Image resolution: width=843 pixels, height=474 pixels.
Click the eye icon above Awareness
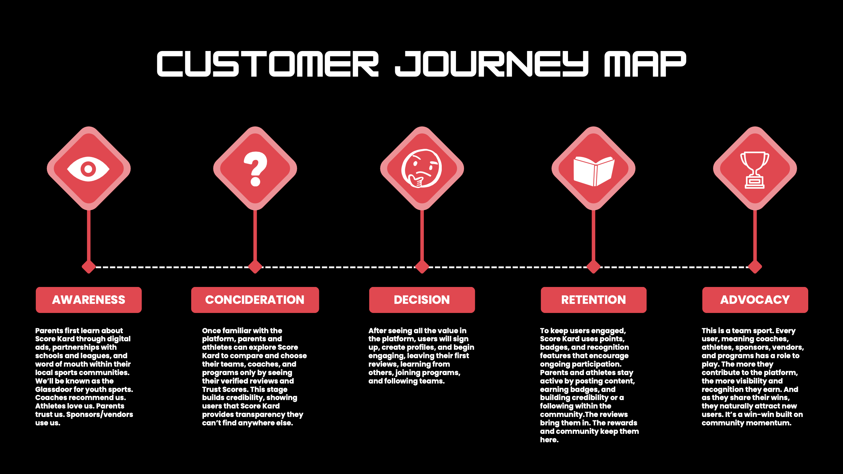pos(88,169)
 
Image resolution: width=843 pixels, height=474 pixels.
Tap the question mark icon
pos(255,169)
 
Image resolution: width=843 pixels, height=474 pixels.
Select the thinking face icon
pos(422,168)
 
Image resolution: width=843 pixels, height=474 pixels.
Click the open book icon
pos(594,171)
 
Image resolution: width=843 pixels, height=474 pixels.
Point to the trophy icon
pos(755,170)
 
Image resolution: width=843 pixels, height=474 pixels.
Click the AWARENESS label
pos(88,300)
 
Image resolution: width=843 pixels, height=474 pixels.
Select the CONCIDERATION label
pos(255,300)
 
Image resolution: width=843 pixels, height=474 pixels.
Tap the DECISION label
pos(422,300)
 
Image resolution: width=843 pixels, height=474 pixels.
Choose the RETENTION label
pos(593,300)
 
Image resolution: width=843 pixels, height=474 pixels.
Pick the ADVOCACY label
pos(755,300)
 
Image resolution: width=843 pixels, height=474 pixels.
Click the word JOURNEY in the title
pos(491,64)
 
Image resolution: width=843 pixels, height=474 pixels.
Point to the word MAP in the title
pos(645,64)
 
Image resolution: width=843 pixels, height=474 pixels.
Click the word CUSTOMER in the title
pos(268,64)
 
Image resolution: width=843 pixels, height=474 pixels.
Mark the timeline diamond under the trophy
pos(755,267)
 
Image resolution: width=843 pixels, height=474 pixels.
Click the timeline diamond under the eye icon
pos(89,267)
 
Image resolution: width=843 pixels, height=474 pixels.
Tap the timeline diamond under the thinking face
pos(422,267)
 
